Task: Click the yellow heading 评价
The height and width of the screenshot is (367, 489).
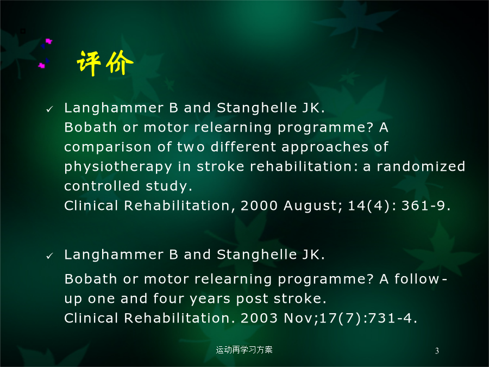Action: [105, 63]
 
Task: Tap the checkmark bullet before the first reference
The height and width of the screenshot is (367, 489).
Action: [49, 109]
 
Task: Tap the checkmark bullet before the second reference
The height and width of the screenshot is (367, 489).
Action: [49, 256]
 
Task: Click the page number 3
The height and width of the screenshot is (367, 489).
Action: [437, 351]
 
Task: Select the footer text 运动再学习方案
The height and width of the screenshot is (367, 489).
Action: [244, 350]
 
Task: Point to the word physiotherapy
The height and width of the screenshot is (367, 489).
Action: [118, 167]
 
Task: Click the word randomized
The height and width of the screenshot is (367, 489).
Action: [421, 166]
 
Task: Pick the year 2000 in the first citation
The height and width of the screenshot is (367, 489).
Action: [259, 206]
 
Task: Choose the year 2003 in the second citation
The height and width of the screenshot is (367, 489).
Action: [259, 318]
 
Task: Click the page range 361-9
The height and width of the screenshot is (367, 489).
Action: [425, 206]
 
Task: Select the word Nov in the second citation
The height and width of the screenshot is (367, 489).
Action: [299, 318]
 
